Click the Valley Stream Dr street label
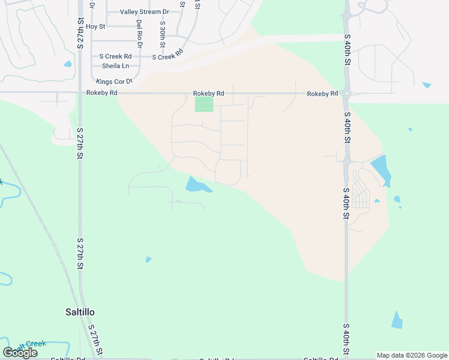[x=149, y=11]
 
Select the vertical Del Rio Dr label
[x=139, y=34]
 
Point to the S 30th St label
[x=163, y=34]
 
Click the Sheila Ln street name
[x=115, y=66]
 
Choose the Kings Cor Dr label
[x=113, y=81]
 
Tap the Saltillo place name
[x=80, y=312]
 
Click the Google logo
[x=20, y=353]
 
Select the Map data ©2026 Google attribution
[x=412, y=355]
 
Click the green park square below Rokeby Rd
[x=204, y=104]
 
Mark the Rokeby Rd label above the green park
[x=208, y=94]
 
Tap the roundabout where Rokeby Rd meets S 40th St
[x=347, y=93]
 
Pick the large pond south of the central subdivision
[x=197, y=185]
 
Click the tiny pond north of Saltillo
[x=148, y=259]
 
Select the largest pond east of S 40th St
[x=381, y=169]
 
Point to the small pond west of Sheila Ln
[x=68, y=64]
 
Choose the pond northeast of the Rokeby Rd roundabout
[x=426, y=85]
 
